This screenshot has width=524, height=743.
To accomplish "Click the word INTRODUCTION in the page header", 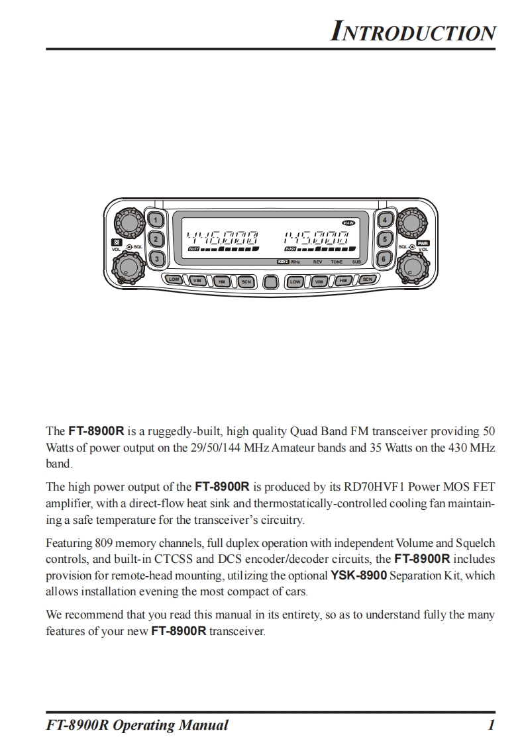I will click(x=413, y=32).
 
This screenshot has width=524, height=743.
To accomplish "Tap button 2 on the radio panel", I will click(x=156, y=240).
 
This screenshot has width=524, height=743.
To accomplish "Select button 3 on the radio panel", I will click(x=156, y=259).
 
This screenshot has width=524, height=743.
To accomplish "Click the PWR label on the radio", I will click(x=422, y=243).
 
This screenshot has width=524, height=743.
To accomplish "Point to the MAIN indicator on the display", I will click(x=348, y=223).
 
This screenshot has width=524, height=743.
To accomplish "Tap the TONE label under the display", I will click(x=337, y=263).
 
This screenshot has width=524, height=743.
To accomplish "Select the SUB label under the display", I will click(x=356, y=263).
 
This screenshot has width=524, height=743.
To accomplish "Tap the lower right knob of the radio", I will click(x=411, y=266).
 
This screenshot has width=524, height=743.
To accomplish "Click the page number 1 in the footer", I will click(x=491, y=725).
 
